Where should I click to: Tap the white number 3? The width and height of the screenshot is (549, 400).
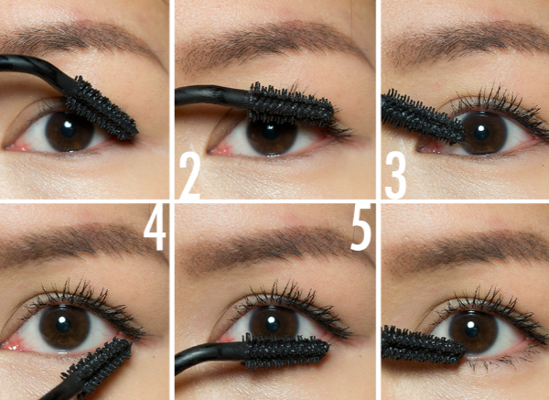pos(395,175)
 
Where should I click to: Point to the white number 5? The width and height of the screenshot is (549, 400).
pos(361,229)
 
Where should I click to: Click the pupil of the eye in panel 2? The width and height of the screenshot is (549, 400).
pos(271,133)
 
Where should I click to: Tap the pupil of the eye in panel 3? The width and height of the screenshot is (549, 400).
pos(481,133)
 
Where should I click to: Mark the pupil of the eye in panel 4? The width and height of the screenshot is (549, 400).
pos(63,324)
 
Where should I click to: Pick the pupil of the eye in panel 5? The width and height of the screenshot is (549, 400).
pos(273,324)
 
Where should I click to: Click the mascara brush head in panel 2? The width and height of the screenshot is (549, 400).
pos(291,104)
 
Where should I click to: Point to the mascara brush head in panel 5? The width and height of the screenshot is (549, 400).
pos(286,351)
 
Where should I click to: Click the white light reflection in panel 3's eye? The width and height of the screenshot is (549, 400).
pos(481,128)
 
